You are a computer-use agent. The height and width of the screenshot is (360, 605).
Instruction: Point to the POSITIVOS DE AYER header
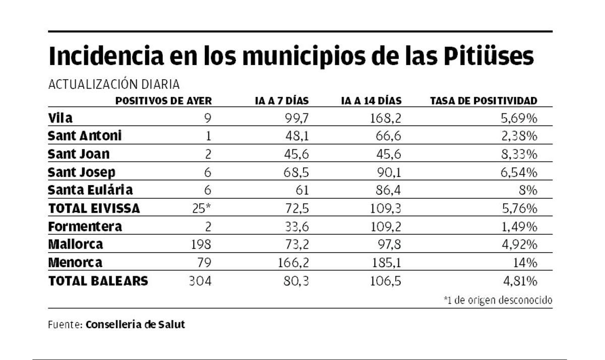pyautogui.click(x=163, y=101)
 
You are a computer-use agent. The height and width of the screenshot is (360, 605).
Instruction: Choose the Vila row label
pyautogui.click(x=60, y=118)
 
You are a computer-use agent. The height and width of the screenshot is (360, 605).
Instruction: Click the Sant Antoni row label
pyautogui.click(x=85, y=136)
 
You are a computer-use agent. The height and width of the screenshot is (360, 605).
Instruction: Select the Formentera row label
pyautogui.click(x=85, y=227)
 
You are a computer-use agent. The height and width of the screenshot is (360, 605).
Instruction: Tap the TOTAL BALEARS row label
pyautogui.click(x=98, y=281)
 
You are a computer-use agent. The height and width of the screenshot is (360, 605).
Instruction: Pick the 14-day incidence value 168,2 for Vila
pyautogui.click(x=386, y=118)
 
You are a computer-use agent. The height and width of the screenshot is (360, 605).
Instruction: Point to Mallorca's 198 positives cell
pyautogui.click(x=201, y=245)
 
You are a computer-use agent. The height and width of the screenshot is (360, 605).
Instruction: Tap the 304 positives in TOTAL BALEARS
pyautogui.click(x=200, y=281)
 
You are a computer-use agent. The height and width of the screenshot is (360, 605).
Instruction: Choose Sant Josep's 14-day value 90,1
pyautogui.click(x=389, y=172)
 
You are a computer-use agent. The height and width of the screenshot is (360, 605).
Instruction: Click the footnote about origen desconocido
pyautogui.click(x=498, y=301)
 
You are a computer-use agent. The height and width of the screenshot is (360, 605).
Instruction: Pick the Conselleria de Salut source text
pyautogui.click(x=135, y=325)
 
